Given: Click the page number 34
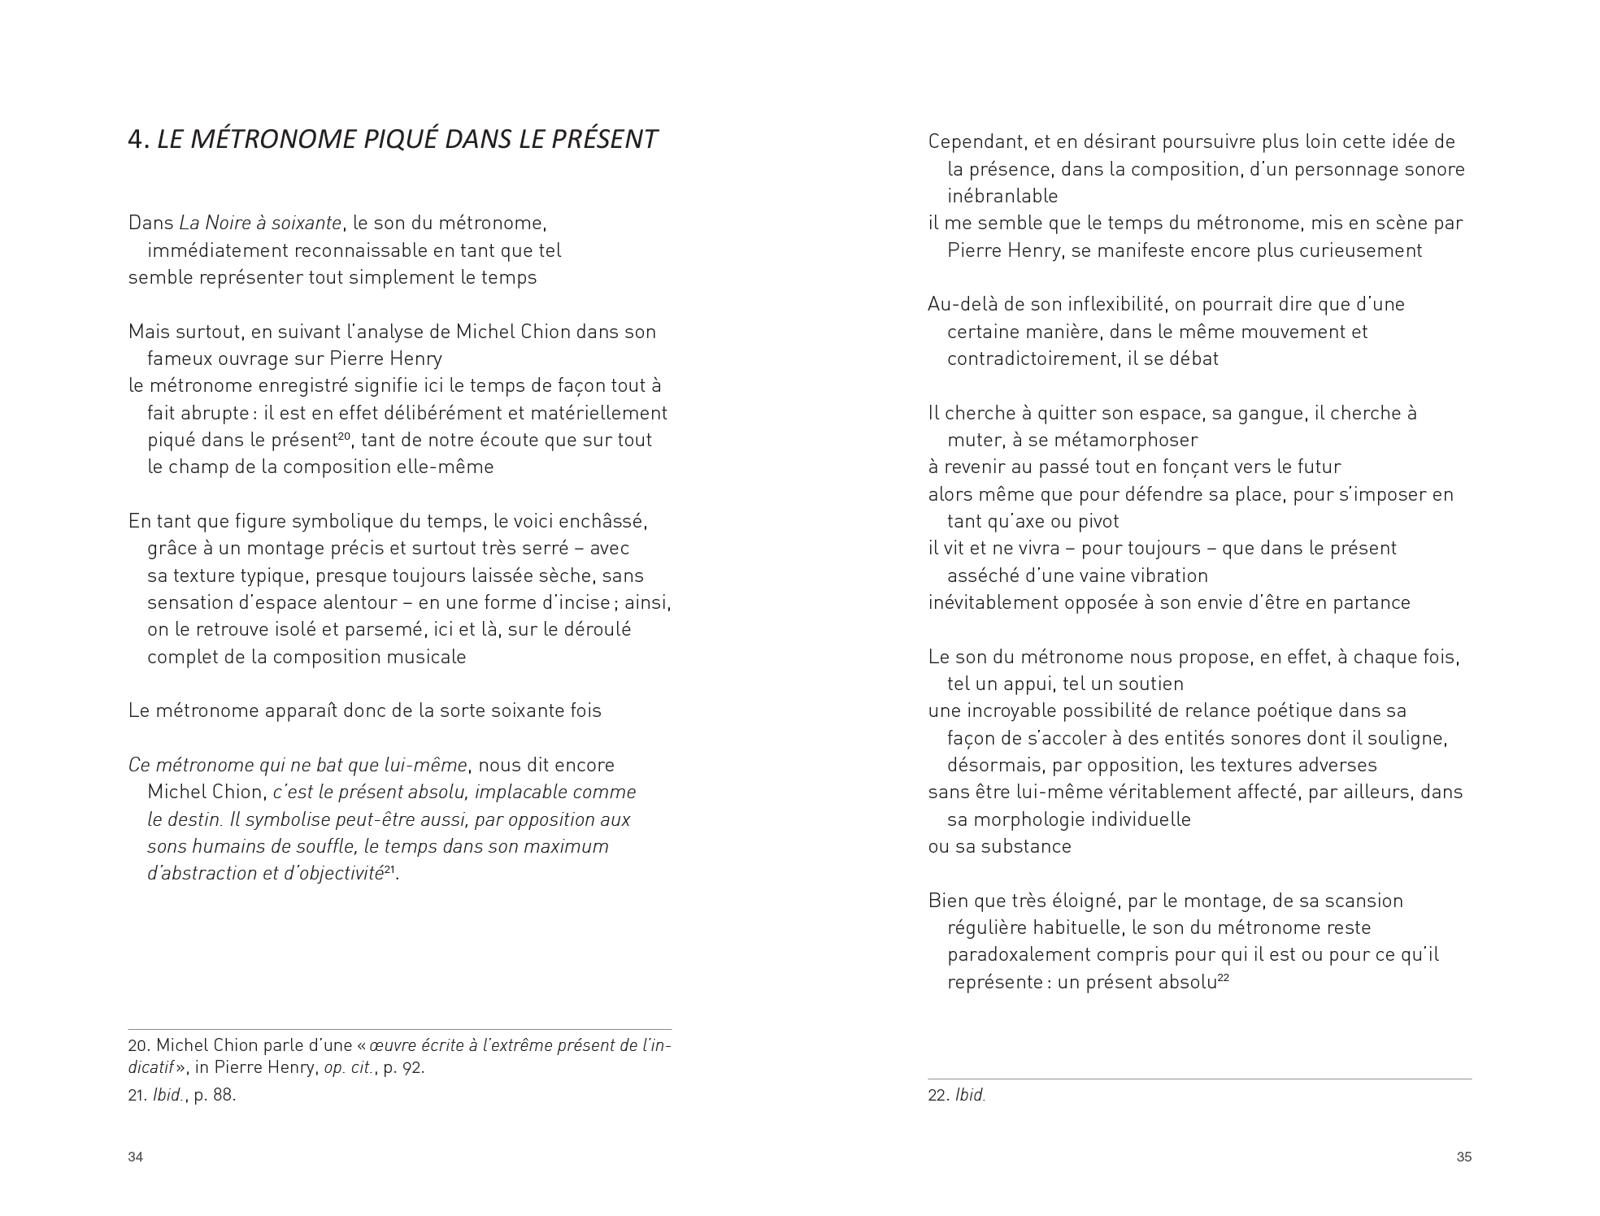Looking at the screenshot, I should (x=136, y=1157).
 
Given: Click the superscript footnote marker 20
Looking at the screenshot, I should (x=344, y=436).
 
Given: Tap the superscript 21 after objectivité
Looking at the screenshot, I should (x=389, y=870).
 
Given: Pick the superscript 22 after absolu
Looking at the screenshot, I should (x=1222, y=979).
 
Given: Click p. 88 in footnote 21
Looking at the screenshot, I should (x=215, y=1095).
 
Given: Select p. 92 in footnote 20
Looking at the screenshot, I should (x=404, y=1067).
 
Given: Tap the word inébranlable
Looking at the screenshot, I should (x=1002, y=196).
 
